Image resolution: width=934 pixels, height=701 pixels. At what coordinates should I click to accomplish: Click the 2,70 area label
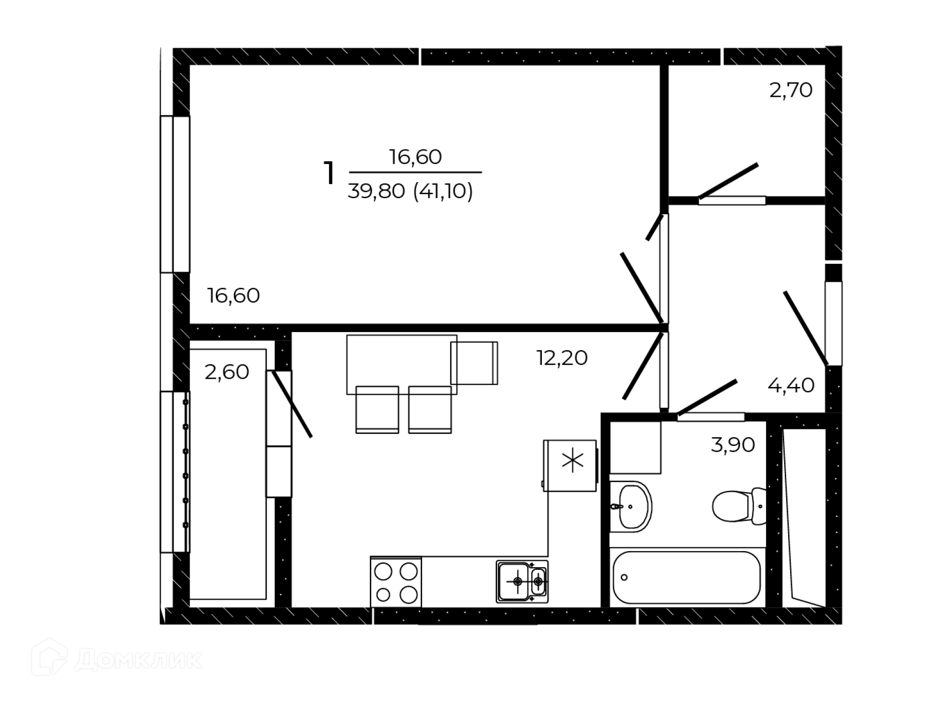[790, 91]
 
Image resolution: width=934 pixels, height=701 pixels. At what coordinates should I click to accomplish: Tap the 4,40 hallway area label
[790, 386]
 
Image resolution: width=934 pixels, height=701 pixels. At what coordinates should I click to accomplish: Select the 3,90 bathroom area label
[733, 445]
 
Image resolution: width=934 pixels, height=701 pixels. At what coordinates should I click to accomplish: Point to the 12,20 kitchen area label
[562, 358]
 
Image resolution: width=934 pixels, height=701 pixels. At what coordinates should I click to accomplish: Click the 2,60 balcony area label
[227, 372]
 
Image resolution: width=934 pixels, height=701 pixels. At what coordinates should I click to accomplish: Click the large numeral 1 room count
[329, 173]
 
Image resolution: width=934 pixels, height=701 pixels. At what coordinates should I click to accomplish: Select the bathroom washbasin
[631, 506]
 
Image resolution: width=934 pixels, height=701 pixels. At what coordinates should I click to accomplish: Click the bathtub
[686, 577]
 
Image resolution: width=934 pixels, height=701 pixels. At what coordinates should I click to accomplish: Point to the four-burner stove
[396, 582]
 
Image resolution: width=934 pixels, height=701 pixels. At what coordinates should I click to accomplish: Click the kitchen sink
[522, 582]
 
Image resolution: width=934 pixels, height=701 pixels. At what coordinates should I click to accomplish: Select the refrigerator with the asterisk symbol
[570, 465]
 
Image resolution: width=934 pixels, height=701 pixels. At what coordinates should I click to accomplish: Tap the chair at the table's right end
[474, 363]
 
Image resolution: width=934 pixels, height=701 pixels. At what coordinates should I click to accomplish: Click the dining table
[402, 364]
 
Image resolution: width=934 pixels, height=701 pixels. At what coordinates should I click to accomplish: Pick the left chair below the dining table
[377, 409]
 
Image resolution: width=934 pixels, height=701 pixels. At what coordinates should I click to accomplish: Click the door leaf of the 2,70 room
[728, 181]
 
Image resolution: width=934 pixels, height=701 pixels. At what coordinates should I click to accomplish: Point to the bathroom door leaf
[707, 397]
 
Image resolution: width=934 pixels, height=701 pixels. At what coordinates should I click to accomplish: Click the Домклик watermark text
[138, 661]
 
